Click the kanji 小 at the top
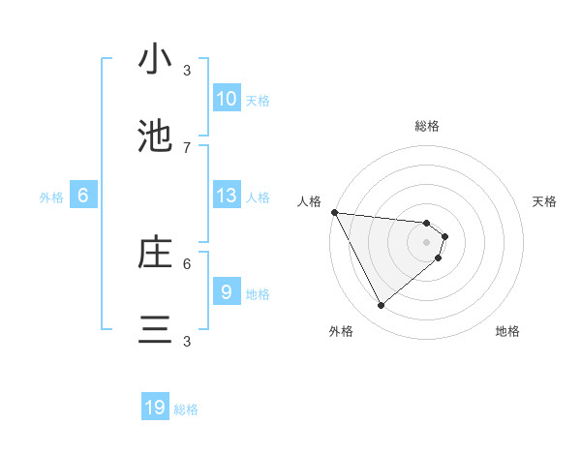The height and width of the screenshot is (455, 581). point(155,60)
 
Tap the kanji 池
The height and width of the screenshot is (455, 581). point(155,136)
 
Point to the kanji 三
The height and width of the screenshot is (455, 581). point(155,330)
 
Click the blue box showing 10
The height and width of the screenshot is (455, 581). point(227,99)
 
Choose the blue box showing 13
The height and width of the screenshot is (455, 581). point(227,196)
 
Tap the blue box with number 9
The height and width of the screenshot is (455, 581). point(227,291)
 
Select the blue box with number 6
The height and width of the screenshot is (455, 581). point(83,196)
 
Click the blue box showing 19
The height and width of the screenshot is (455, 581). point(156,408)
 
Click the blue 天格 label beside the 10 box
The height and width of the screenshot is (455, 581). point(258,101)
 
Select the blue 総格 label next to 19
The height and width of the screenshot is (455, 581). point(186,409)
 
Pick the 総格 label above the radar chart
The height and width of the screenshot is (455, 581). point(427,126)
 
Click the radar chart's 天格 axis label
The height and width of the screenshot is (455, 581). point(545,201)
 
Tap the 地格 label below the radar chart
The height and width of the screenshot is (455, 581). point(507,331)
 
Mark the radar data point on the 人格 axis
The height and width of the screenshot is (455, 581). point(334,212)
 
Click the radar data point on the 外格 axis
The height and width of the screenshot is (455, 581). point(382,306)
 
